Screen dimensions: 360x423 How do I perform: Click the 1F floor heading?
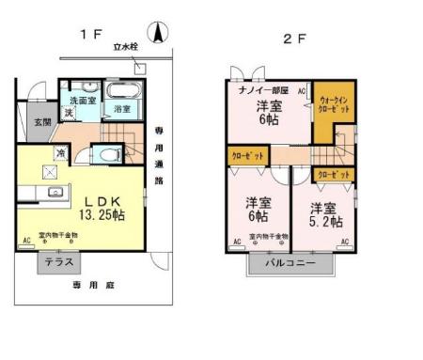(x=89, y=36)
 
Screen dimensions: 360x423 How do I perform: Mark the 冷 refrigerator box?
(x=60, y=154)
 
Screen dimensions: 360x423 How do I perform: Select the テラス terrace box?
(x=60, y=264)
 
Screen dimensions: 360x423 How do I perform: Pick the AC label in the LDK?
(x=25, y=242)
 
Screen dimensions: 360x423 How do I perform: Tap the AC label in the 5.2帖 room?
(x=345, y=242)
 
